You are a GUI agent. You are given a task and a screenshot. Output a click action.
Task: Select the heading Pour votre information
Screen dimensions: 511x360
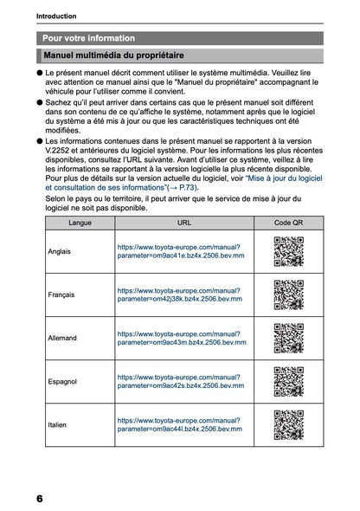[x=89, y=38]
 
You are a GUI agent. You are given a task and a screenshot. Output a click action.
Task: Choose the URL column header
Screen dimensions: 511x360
[x=184, y=223]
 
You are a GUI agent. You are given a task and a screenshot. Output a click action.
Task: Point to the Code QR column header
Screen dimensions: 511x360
[x=288, y=223]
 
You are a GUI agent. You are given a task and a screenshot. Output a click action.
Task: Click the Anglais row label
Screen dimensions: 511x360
[x=60, y=251]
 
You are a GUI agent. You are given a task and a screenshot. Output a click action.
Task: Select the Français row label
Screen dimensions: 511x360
[x=61, y=294]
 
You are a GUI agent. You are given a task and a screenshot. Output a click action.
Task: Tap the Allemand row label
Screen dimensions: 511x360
[x=62, y=338]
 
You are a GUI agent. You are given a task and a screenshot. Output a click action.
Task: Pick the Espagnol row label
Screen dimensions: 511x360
[x=62, y=381]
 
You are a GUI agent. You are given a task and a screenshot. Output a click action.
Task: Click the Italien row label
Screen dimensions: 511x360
[x=58, y=424]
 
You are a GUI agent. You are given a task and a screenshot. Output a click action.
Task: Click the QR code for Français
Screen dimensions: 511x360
[x=288, y=294]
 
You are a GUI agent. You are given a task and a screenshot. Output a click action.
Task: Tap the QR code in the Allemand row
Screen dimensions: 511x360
[x=288, y=338]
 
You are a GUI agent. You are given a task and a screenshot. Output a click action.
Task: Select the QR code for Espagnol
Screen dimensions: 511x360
[x=288, y=381]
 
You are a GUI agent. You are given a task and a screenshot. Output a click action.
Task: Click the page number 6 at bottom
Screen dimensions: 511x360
[x=40, y=498]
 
